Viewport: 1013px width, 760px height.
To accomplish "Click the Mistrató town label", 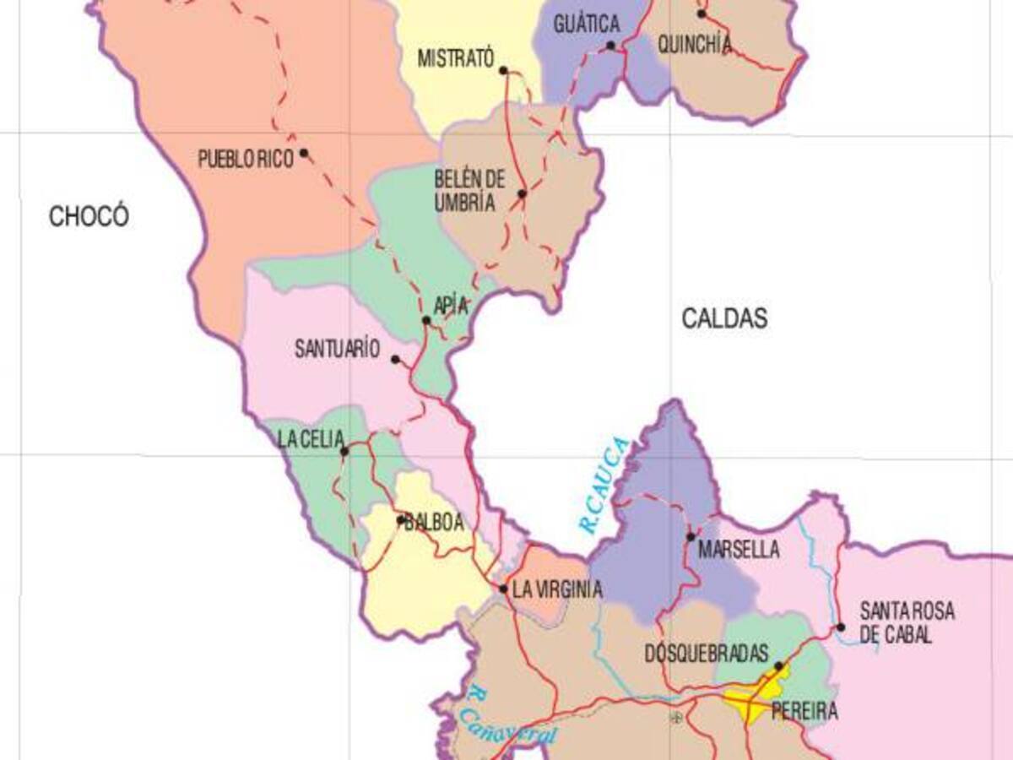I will click(454, 59).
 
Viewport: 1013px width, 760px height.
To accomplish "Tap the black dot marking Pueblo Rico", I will click(304, 154).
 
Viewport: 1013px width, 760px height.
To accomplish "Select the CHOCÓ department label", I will click(89, 216).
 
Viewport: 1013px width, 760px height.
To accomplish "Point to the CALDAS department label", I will click(725, 318).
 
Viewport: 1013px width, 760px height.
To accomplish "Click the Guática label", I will click(587, 24).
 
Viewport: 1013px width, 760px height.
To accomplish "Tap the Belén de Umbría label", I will click(469, 191).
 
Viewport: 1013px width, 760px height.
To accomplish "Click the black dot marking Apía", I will click(426, 320).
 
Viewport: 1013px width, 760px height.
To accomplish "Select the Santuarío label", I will click(337, 350).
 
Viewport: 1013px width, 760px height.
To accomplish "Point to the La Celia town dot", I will click(344, 452).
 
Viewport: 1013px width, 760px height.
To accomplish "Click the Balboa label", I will click(435, 523).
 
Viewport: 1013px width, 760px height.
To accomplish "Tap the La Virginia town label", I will click(557, 589).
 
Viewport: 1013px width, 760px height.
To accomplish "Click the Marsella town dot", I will click(691, 536).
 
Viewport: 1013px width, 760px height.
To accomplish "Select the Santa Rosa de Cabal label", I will click(907, 622).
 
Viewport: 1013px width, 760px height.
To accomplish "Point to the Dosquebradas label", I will click(706, 654).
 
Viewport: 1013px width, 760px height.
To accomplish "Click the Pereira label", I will click(805, 711).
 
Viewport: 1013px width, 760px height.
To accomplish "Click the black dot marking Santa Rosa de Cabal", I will click(841, 627).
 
